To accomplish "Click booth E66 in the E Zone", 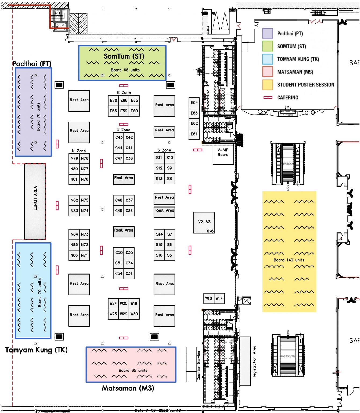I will pos(124,100).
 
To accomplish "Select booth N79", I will pos(74,158).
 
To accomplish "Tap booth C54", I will pos(118,273).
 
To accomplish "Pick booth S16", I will pos(159,255).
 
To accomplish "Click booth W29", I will pos(124,314).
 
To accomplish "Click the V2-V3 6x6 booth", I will pos(204,223).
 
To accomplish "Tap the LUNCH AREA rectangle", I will pos(35,201).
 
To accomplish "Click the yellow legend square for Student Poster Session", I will pos(268,85).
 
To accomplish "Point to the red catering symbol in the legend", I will pos(268,98).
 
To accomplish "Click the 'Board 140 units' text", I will pos(289,260).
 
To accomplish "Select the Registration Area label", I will pos(254,362).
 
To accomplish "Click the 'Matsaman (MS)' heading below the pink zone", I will pos(128,388).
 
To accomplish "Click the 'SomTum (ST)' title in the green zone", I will pos(124,56).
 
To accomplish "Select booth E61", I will pos(194,134).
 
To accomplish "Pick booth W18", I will pos(208,298).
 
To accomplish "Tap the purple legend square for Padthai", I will pos(268,33).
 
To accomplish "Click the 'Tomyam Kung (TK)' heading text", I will pos(36,350).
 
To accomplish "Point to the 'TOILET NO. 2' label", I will pos(213,407).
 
